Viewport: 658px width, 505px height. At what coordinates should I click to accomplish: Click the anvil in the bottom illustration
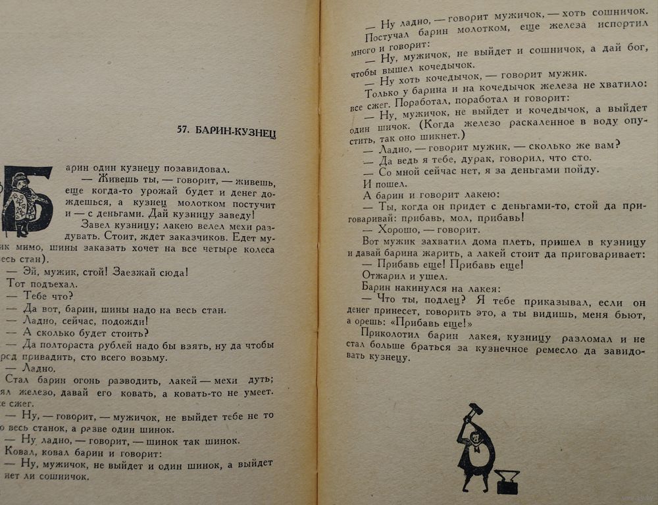[x=507, y=483]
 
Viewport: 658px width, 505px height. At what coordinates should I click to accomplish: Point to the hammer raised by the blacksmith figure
[x=472, y=411]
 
